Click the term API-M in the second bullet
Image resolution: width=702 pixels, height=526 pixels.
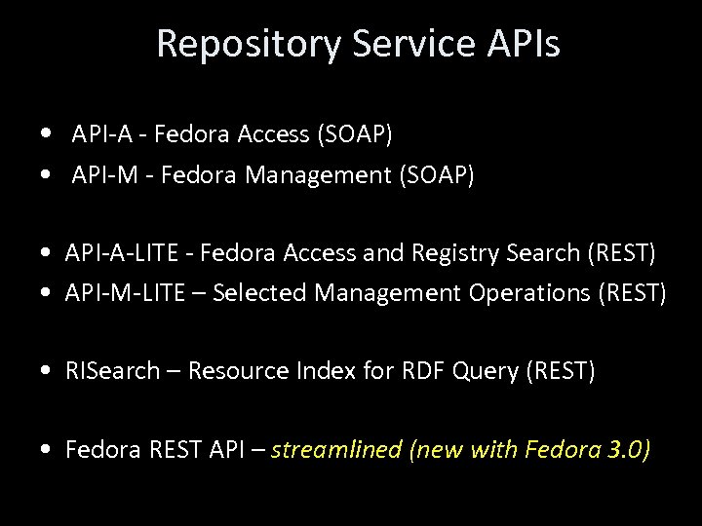pyautogui.click(x=103, y=176)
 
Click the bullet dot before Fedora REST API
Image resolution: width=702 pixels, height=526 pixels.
pyautogui.click(x=48, y=451)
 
